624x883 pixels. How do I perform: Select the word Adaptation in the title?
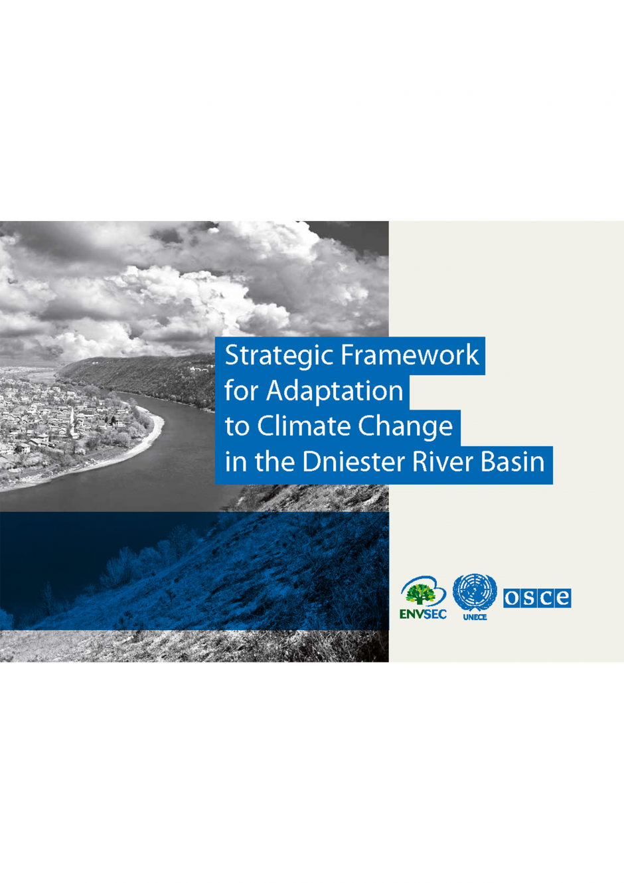335,392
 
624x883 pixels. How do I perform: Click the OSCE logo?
537,598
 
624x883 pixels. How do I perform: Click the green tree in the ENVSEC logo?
421,594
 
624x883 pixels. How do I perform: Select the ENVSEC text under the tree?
423,615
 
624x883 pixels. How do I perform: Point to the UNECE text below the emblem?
475,617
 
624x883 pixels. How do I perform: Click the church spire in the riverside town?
72,420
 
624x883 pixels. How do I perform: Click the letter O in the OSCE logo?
512,598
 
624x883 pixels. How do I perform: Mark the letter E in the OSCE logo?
562,598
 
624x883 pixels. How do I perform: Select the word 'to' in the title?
237,428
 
